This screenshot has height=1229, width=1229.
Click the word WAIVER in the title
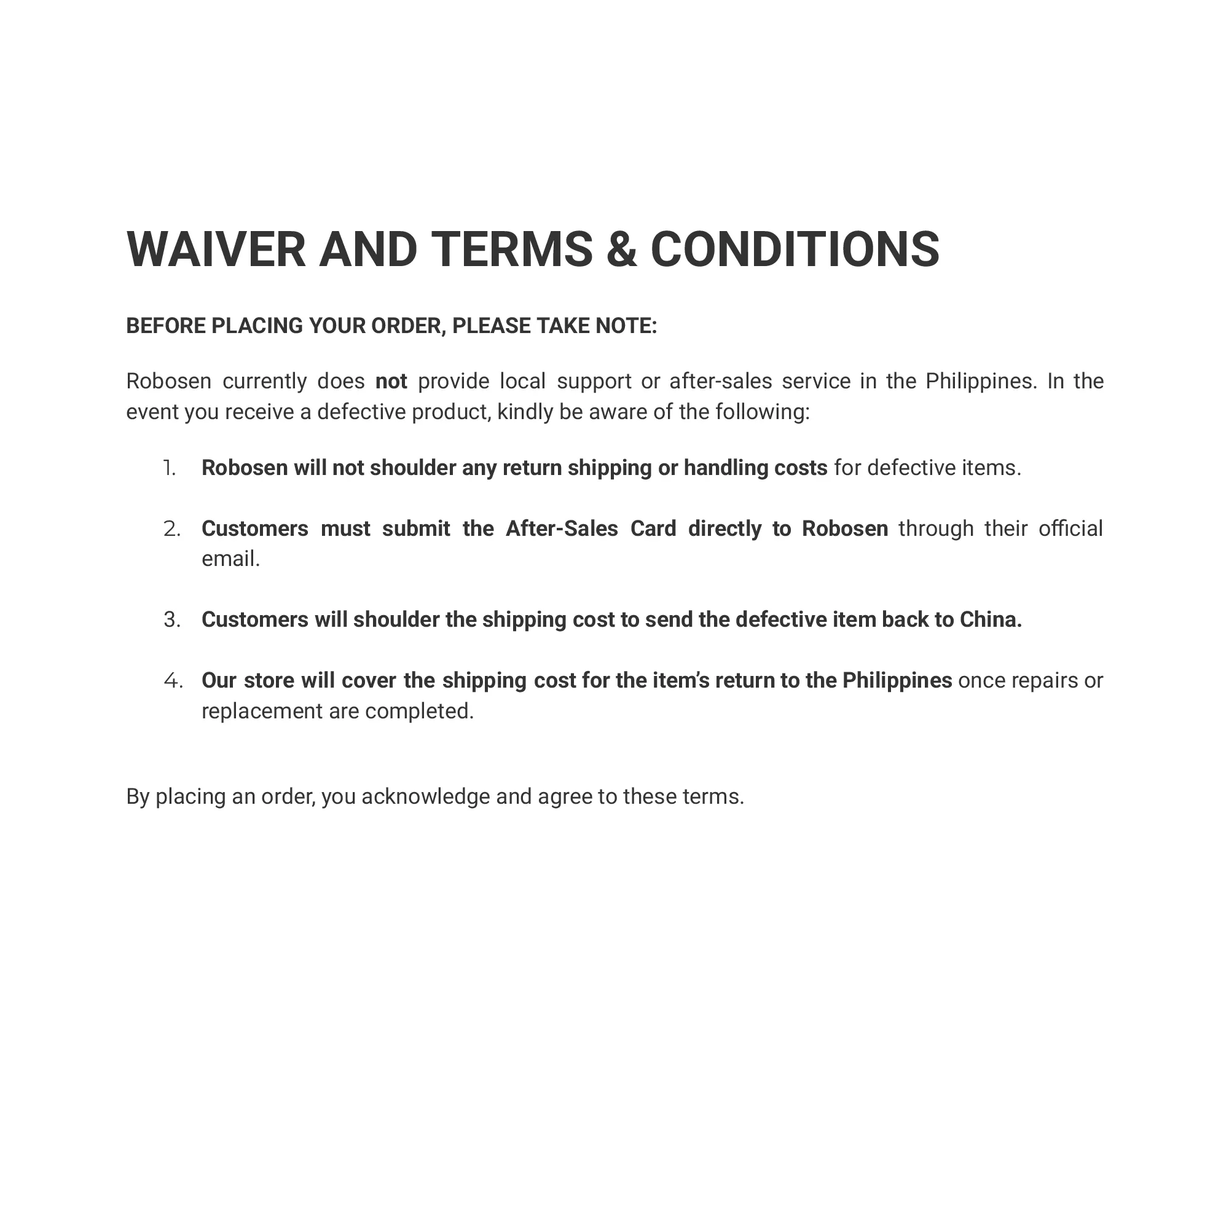(x=216, y=249)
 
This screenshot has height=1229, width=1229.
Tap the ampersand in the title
(x=621, y=249)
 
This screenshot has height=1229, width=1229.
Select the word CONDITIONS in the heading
(x=795, y=249)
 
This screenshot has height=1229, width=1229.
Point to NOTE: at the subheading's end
(x=626, y=326)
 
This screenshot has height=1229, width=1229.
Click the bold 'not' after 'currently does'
(x=391, y=381)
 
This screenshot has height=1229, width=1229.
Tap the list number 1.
(x=169, y=468)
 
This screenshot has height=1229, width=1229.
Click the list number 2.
(x=172, y=528)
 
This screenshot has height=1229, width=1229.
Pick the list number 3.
(x=172, y=619)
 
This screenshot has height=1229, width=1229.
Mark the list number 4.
(x=173, y=681)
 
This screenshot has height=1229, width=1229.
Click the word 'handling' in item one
(x=725, y=468)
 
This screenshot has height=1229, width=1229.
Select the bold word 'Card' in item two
(x=653, y=528)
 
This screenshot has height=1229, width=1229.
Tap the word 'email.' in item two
(x=230, y=559)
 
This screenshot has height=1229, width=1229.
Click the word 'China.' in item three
(x=991, y=619)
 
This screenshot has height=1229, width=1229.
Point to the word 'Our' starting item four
(x=219, y=681)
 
